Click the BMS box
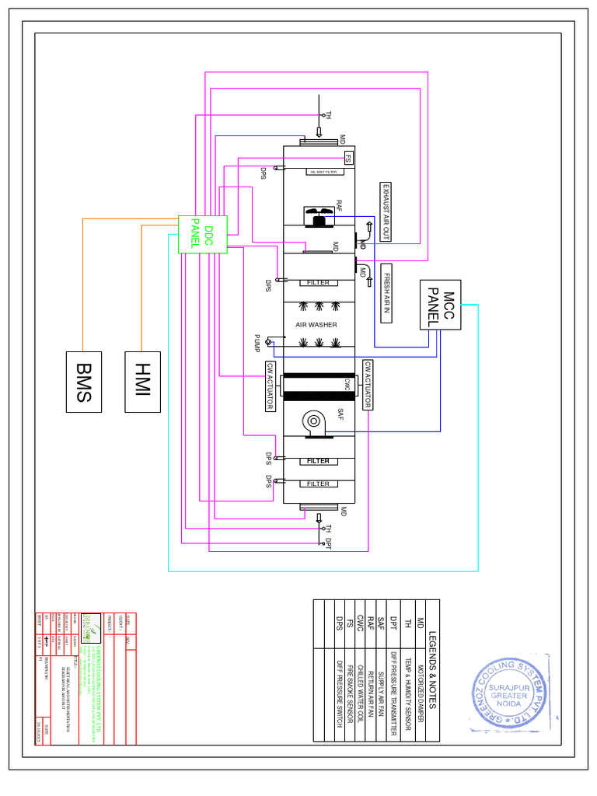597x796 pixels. (83, 381)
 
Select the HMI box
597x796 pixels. (142, 381)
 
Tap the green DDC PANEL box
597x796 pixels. (203, 234)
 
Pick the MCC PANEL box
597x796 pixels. (440, 304)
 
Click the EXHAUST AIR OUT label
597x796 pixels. (384, 212)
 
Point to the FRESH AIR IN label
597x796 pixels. (385, 293)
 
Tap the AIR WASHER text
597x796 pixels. (316, 324)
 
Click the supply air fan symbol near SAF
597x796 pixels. (314, 422)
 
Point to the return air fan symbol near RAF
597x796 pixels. (318, 217)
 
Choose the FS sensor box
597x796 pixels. (349, 159)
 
